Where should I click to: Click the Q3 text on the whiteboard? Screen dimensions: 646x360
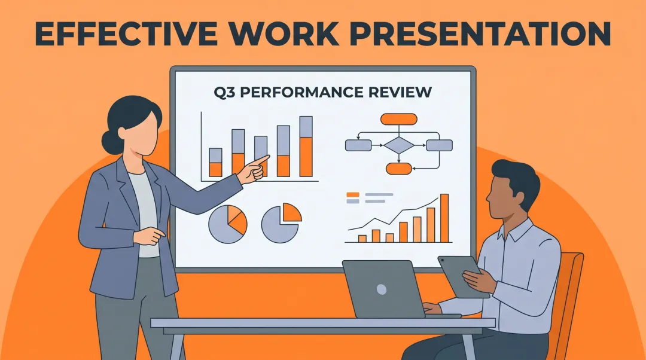tap(224, 92)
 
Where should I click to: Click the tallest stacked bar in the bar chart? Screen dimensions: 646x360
tap(306, 147)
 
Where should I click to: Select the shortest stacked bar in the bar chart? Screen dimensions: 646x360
tap(215, 163)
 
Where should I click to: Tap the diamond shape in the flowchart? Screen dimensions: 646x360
tap(399, 145)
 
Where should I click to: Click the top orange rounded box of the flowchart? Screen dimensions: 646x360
tap(399, 119)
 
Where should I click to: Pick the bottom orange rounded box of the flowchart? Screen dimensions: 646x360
tap(399, 169)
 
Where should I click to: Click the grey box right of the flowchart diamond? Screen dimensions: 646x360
tap(439, 145)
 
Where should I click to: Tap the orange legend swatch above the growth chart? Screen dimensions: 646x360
tap(353, 194)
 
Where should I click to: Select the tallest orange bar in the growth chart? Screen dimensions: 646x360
tap(444, 218)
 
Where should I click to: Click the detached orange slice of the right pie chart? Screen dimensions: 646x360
tap(291, 212)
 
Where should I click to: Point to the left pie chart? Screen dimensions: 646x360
tap(228, 224)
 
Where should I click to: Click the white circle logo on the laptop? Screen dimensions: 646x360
tap(382, 289)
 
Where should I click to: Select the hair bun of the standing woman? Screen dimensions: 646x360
tap(109, 142)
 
